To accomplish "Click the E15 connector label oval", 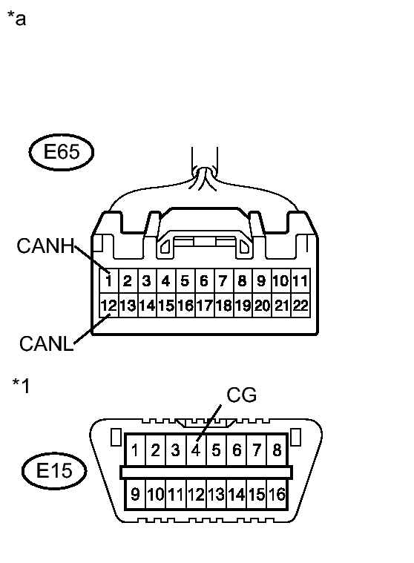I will pyautogui.click(x=53, y=471).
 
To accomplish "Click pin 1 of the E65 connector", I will pyautogui.click(x=108, y=281).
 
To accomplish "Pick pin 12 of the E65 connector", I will pyautogui.click(x=108, y=305).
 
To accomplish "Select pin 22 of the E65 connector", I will pyautogui.click(x=300, y=305).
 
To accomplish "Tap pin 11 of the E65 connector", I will pyautogui.click(x=300, y=281).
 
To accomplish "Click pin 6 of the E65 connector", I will pyautogui.click(x=204, y=281).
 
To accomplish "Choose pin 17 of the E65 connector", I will pyautogui.click(x=204, y=305).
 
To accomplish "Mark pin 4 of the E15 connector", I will pyautogui.click(x=196, y=450).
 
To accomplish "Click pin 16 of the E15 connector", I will pyautogui.click(x=278, y=494).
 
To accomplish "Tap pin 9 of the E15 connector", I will pyautogui.click(x=136, y=494).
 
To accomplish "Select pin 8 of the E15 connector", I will pyautogui.click(x=277, y=450).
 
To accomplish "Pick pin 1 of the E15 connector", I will pyautogui.click(x=136, y=450).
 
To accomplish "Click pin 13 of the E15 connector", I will pyautogui.click(x=217, y=494).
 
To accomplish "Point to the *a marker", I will pyautogui.click(x=16, y=19).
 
